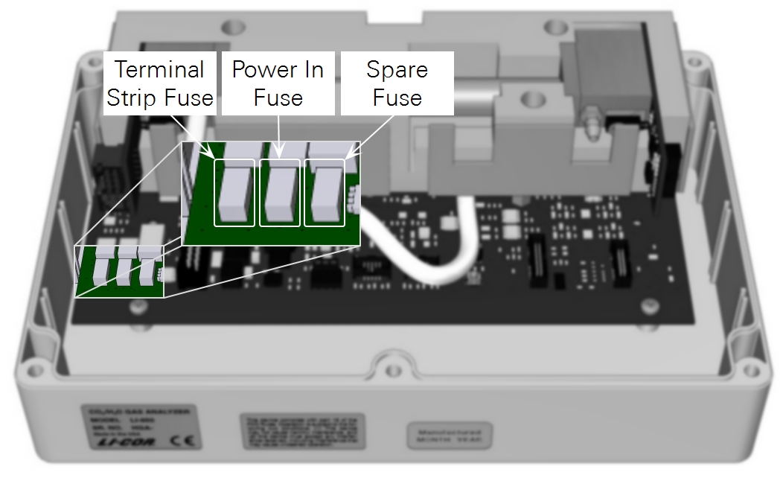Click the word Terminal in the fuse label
tap(159, 70)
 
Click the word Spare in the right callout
tap(397, 70)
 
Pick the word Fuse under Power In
tap(278, 98)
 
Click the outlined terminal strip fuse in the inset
tap(234, 192)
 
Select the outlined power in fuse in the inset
tap(280, 192)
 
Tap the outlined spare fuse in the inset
tap(325, 192)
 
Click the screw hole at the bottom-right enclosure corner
tap(752, 369)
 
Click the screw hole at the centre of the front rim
tap(392, 369)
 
